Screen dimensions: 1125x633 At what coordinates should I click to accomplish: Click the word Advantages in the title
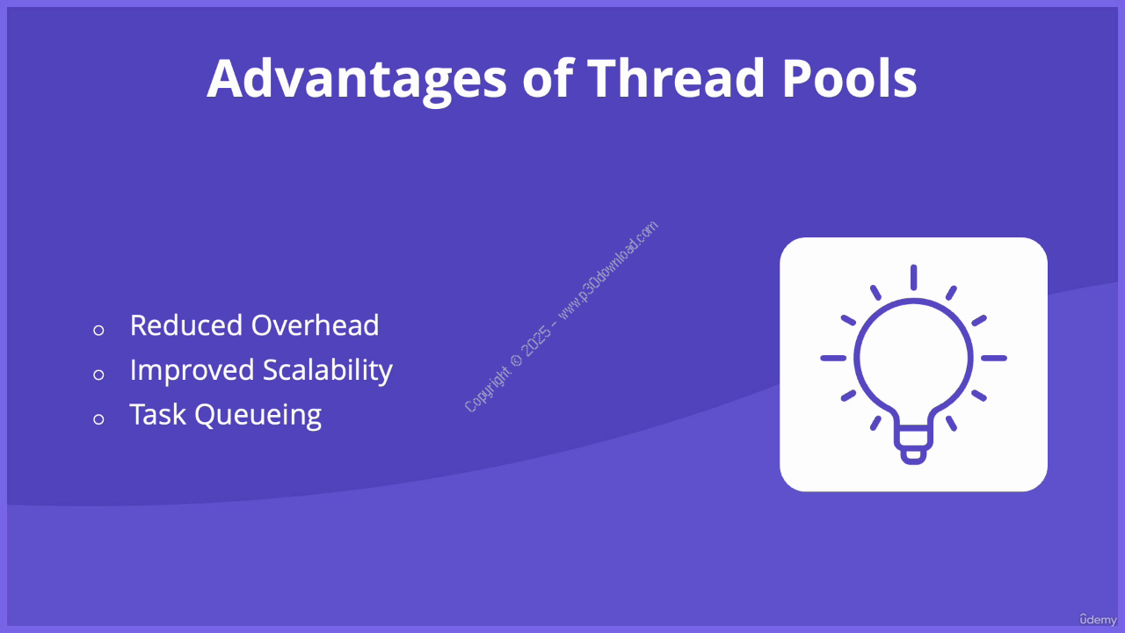click(x=357, y=80)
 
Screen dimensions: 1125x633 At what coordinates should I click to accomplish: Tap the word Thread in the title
click(x=676, y=78)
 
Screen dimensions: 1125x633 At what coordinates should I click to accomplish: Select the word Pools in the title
click(x=850, y=78)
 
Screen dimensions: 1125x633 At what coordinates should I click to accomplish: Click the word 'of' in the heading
click(x=548, y=78)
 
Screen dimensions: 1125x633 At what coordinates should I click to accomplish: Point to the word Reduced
click(x=186, y=325)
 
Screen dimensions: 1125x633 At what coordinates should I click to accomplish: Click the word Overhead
click(x=315, y=325)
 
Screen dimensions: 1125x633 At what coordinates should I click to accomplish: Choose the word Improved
click(x=192, y=371)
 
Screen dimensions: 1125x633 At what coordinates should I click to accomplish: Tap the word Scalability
click(x=328, y=371)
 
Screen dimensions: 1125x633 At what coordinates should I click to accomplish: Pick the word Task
click(x=157, y=414)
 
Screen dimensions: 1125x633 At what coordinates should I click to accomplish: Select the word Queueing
click(x=258, y=416)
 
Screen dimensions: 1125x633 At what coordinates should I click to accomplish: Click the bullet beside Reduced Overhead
click(x=98, y=330)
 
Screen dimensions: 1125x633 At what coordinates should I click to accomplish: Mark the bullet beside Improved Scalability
click(x=98, y=375)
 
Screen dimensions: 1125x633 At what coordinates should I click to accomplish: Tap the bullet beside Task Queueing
click(x=98, y=419)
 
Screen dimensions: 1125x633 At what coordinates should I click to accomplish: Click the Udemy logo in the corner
click(x=1099, y=619)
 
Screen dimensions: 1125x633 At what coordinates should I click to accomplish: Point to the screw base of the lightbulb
click(x=913, y=445)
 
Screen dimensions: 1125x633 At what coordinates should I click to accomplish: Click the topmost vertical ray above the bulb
click(x=913, y=277)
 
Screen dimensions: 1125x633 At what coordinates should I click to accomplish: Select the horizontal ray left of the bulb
click(x=833, y=358)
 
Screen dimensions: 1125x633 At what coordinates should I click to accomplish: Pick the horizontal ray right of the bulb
click(x=994, y=358)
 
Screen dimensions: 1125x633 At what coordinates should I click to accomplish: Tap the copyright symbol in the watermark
click(x=516, y=360)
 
